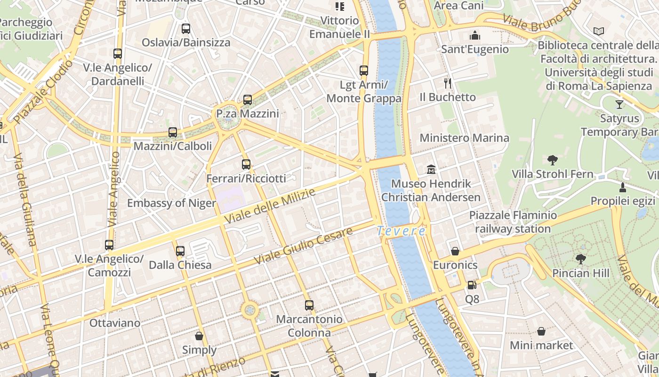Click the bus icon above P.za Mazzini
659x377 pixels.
pos(248,100)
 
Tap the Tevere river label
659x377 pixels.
pos(402,231)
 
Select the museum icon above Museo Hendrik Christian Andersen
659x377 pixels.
pos(431,169)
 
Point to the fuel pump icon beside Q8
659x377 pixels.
pos(472,285)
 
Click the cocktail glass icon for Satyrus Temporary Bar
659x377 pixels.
pos(619,104)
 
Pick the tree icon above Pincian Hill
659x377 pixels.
pos(581,259)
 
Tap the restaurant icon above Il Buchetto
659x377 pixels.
pos(448,83)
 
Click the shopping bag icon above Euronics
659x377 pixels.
pos(455,251)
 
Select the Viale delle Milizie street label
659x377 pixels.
pos(270,206)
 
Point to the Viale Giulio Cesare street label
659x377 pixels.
pos(303,246)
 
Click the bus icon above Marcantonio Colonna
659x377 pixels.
pos(309,305)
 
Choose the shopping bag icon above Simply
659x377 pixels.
pos(199,336)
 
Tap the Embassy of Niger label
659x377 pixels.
pos(172,204)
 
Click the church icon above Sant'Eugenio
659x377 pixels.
pos(475,35)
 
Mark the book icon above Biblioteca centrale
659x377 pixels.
pos(598,32)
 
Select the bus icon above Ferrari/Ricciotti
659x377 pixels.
pos(246,164)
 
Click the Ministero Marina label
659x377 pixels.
pos(464,138)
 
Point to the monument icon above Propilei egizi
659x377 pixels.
pos(623,187)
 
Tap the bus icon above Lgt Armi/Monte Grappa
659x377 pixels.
pos(364,71)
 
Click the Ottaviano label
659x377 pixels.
pos(115,323)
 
